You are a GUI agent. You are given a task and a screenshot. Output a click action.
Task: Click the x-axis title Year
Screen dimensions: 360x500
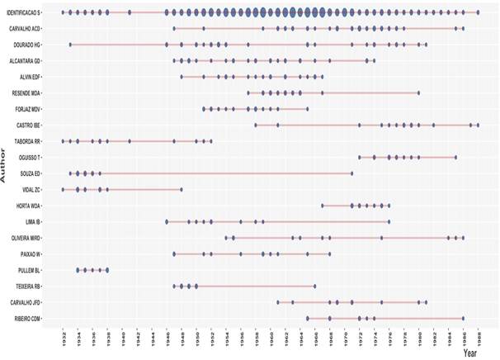(x=469, y=353)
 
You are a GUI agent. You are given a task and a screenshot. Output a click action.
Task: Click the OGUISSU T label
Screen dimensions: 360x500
(x=44, y=157)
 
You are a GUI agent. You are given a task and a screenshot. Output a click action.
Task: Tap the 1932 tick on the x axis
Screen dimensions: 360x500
(x=63, y=337)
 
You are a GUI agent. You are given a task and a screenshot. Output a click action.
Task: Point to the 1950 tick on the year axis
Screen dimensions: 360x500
(x=196, y=337)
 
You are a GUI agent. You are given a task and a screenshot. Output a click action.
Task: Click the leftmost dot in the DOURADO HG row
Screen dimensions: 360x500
(x=70, y=45)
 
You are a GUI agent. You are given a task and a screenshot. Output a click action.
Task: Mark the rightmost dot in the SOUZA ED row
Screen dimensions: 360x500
(x=352, y=173)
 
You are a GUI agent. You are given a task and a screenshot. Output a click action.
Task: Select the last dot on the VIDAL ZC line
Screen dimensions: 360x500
(x=182, y=190)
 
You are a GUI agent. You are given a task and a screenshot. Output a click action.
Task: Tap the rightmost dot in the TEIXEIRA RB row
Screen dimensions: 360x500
(x=314, y=287)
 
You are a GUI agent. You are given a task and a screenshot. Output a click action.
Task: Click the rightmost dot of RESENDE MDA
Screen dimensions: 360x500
(x=418, y=93)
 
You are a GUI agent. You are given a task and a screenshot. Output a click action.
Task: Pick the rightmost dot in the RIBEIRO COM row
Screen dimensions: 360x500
(x=463, y=319)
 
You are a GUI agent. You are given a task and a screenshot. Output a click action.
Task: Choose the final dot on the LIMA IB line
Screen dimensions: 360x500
(x=389, y=222)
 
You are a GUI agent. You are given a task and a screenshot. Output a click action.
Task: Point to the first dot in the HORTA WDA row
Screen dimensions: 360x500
(x=323, y=206)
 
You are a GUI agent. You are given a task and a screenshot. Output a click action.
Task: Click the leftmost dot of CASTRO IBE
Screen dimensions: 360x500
(x=256, y=126)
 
